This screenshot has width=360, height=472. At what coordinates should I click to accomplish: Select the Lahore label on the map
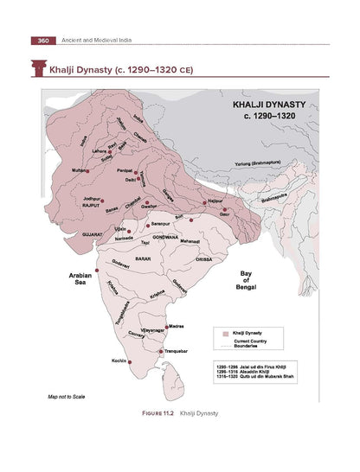click(100, 150)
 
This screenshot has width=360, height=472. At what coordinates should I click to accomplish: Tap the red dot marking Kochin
click(130, 362)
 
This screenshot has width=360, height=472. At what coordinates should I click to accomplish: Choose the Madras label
click(176, 327)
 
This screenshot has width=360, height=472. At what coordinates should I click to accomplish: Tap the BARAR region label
click(144, 258)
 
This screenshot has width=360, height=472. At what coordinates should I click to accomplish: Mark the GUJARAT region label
click(93, 234)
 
